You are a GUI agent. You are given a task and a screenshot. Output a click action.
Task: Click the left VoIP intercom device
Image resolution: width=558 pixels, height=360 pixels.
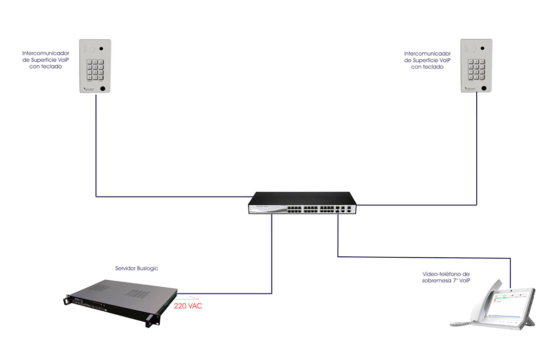[x=95, y=67]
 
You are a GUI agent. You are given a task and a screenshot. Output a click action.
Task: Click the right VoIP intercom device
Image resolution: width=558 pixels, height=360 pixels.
[x=476, y=67]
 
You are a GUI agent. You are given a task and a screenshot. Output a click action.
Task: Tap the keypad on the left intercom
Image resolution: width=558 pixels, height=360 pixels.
[x=95, y=70]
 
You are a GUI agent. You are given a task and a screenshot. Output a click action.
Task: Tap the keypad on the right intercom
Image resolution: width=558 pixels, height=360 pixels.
[x=477, y=70]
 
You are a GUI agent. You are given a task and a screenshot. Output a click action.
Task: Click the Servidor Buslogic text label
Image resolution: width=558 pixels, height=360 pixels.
[x=136, y=268]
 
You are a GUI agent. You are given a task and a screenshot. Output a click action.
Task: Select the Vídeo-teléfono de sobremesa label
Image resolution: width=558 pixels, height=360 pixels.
[x=446, y=277]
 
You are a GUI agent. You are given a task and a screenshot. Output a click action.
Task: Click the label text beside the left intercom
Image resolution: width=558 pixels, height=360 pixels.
[x=46, y=60]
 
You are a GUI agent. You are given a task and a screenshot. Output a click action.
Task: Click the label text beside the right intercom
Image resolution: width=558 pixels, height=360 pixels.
[x=427, y=60]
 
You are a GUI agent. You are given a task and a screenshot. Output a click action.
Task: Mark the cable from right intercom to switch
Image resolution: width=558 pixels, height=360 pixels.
[x=477, y=157]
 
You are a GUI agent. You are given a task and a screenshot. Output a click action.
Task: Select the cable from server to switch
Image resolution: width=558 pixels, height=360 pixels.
[x=272, y=262]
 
